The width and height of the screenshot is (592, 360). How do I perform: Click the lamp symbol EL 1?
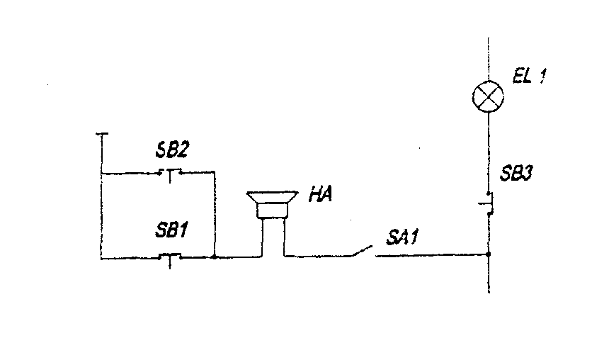[x=488, y=95]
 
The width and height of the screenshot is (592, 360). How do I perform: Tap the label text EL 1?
[x=530, y=74]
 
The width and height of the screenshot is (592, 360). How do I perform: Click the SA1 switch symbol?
[x=363, y=252]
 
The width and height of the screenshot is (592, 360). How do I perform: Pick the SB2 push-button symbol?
[x=169, y=172]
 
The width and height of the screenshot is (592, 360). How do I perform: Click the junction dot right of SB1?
[x=214, y=257]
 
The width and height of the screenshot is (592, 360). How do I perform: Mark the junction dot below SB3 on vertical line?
[x=489, y=253]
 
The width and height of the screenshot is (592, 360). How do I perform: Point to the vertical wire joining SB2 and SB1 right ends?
[x=214, y=213]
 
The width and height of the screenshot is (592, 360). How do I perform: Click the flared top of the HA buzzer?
[x=271, y=195]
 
